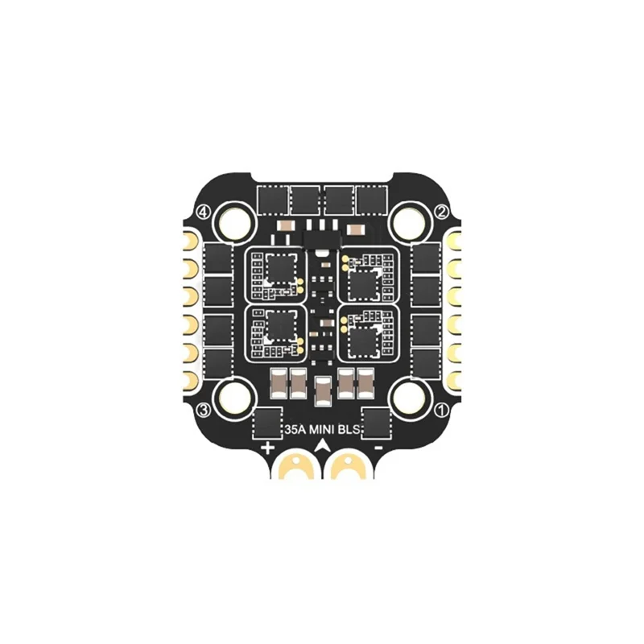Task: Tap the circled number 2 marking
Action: [x=441, y=212]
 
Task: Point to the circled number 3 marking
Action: [x=204, y=411]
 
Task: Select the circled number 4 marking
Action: [x=204, y=212]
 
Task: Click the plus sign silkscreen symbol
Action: [x=267, y=446]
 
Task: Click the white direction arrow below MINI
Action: [x=323, y=445]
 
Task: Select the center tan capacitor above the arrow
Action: [x=323, y=392]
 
